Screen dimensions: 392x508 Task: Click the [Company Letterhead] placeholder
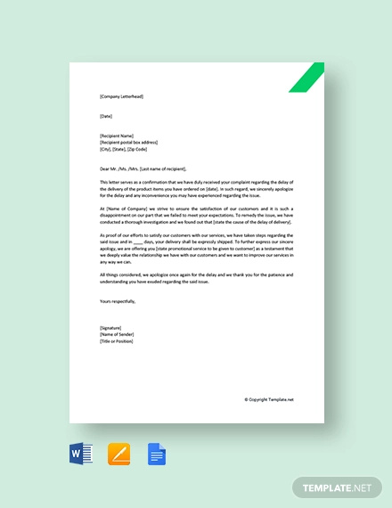[121, 96]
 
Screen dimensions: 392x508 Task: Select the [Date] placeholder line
[107, 116]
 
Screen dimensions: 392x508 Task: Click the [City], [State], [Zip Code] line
[127, 149]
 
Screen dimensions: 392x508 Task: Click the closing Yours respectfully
[119, 301]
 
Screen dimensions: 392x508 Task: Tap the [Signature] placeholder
[112, 328]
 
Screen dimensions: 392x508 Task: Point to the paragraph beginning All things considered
[197, 278]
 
